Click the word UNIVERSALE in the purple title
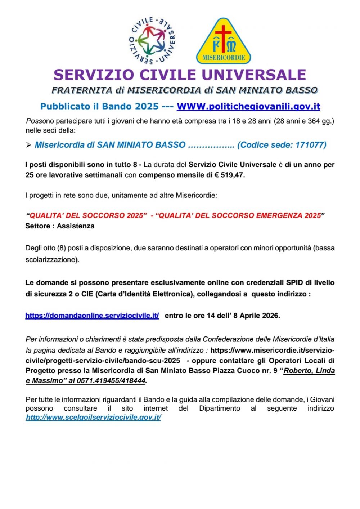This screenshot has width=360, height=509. coord(253,75)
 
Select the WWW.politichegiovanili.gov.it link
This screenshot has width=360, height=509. coord(248,106)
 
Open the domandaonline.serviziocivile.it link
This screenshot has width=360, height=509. coord(92,316)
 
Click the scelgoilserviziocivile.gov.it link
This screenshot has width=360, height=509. coord(94,417)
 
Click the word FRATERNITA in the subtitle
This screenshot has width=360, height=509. coord(82,90)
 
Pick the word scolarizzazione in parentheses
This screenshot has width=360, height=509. coord(51,259)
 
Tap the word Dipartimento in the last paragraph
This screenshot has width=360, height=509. coord(220,408)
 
